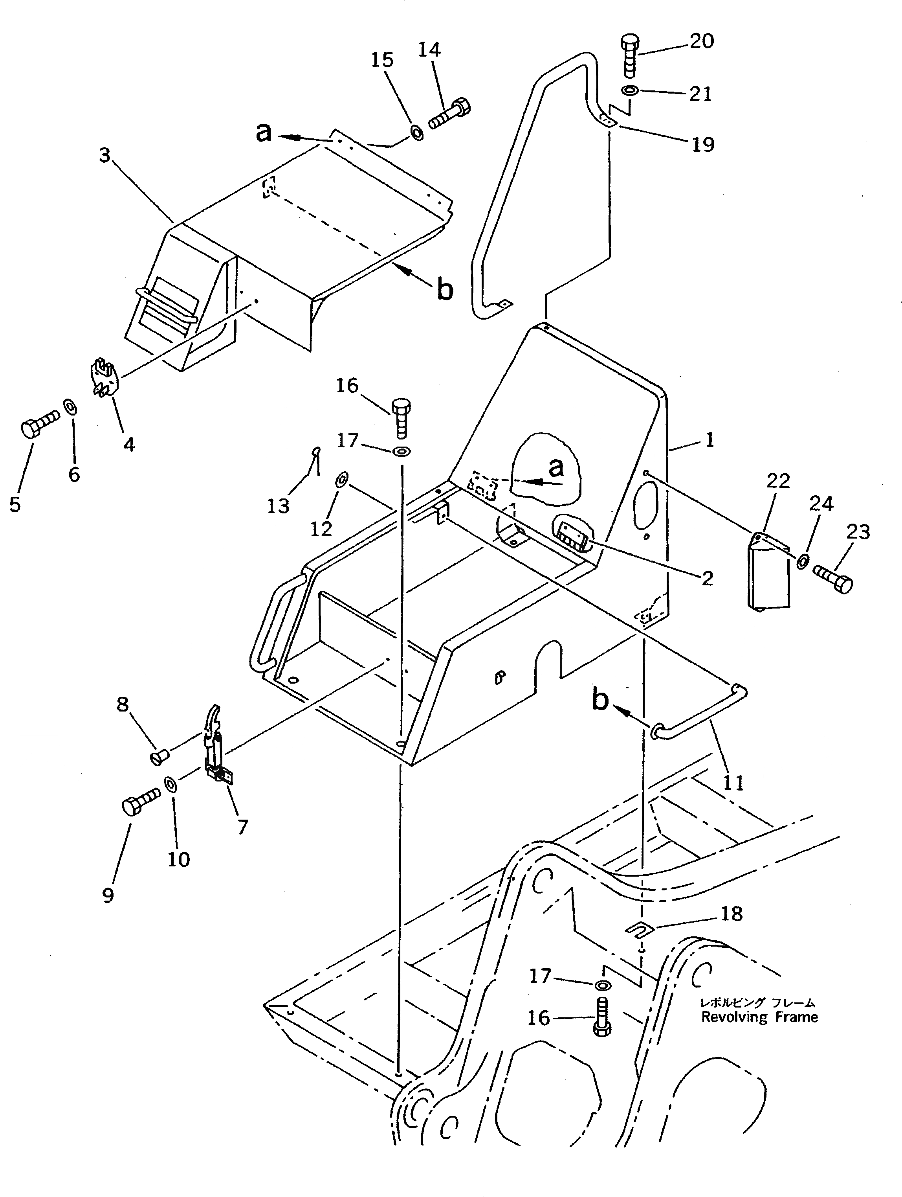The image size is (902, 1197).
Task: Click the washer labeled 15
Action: point(416,132)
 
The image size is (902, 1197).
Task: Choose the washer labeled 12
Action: point(342,480)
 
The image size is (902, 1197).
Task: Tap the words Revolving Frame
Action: point(759,1017)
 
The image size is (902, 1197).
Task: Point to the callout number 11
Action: point(733,783)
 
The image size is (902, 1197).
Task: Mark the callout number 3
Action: point(105,155)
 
